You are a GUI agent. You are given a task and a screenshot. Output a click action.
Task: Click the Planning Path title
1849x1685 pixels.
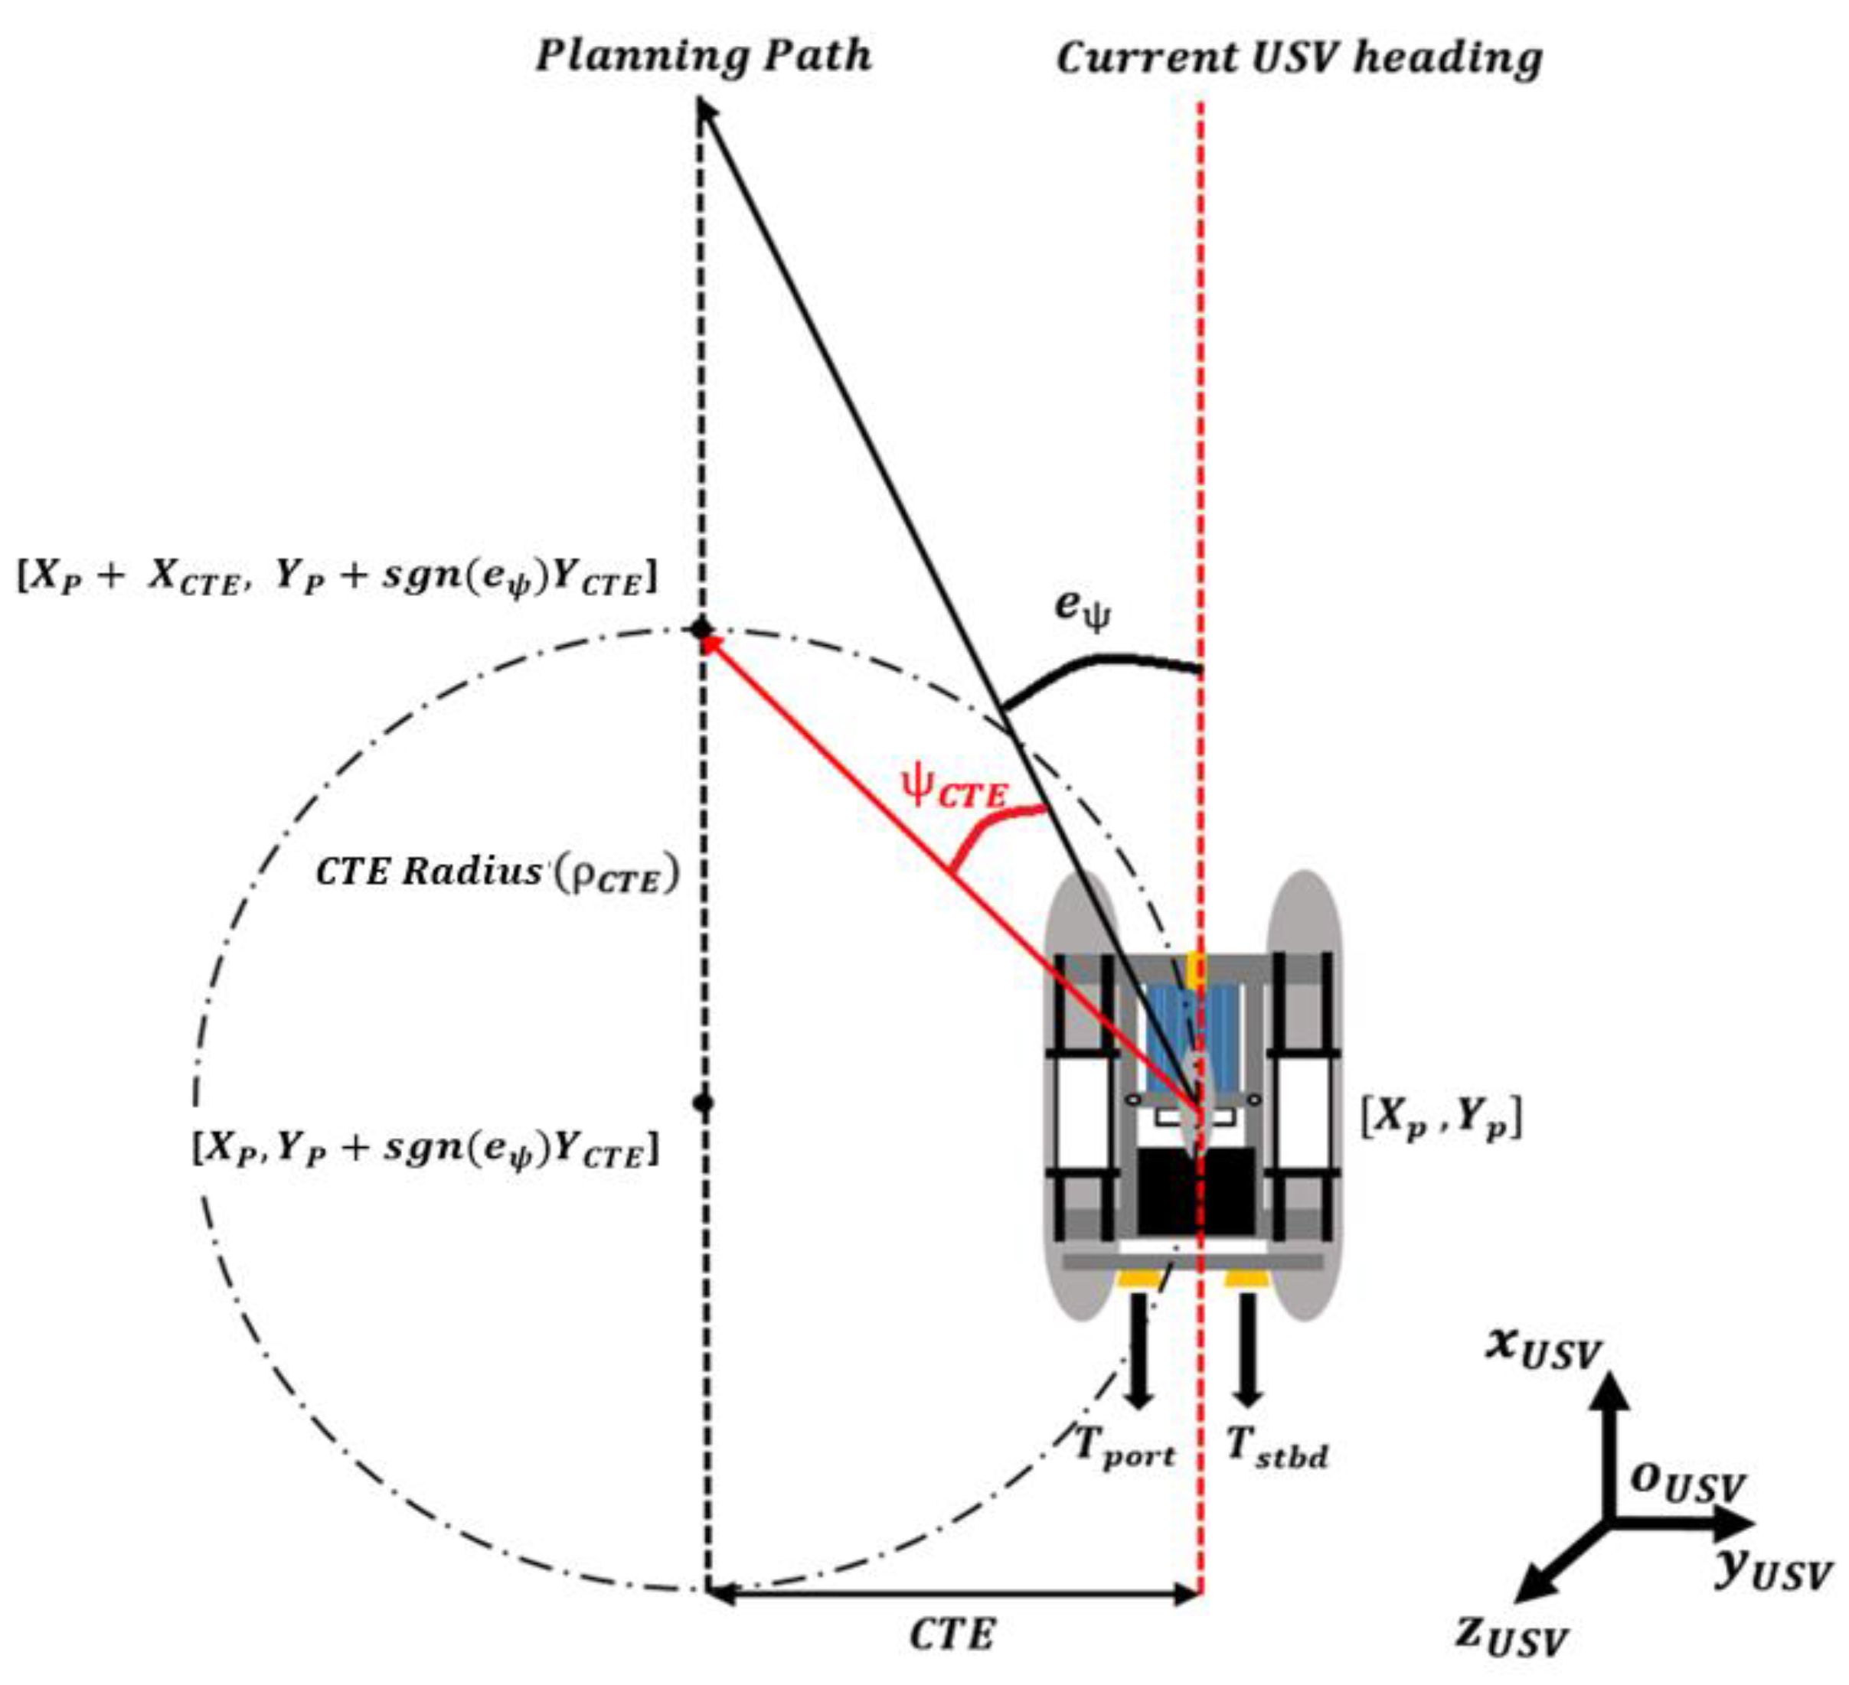704,57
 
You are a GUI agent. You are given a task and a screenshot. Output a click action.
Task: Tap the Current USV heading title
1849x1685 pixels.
1299,59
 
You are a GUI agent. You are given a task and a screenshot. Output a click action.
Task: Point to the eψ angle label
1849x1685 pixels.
1083,608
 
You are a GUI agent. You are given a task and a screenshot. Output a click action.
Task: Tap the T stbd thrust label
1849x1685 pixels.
1277,1449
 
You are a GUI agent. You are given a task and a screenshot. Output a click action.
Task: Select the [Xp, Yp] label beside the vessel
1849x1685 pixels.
1441,1117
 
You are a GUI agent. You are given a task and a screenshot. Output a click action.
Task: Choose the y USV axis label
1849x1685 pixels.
1771,1569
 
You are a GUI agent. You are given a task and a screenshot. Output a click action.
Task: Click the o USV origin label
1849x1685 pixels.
1686,1481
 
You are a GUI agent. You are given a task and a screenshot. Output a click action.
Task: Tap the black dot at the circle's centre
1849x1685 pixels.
703,1103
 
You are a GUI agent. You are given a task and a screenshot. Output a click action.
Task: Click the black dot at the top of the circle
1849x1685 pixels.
701,629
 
